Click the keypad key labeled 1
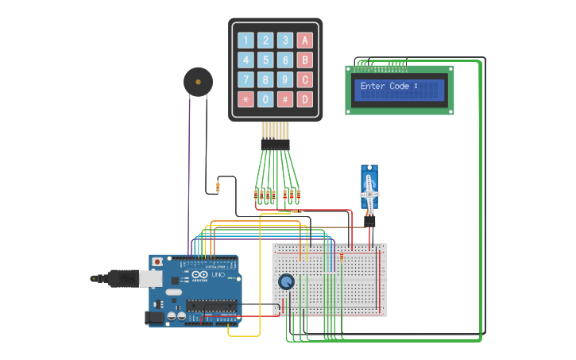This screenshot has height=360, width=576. click(245, 41)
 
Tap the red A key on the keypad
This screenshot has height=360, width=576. click(304, 41)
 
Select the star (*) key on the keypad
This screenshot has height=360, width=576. click(245, 99)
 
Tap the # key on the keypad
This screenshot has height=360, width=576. click(284, 99)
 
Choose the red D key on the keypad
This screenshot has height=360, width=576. click(304, 99)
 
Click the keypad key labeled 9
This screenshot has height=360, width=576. click(284, 79)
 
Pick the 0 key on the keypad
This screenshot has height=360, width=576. click(265, 99)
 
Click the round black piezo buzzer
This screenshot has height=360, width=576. click(198, 82)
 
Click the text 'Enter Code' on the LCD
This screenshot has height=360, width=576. click(385, 86)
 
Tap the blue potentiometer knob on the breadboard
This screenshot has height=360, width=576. click(286, 281)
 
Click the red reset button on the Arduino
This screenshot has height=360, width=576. click(157, 261)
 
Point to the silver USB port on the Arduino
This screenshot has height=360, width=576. click(149, 278)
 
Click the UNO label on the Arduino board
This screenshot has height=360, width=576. click(217, 275)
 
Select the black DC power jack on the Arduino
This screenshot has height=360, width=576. click(154, 318)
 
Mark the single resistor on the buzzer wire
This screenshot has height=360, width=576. click(218, 188)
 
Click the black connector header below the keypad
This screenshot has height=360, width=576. click(276, 145)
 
